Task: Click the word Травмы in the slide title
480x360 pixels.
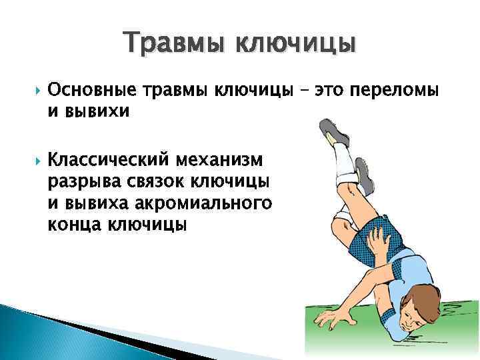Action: [166, 43]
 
